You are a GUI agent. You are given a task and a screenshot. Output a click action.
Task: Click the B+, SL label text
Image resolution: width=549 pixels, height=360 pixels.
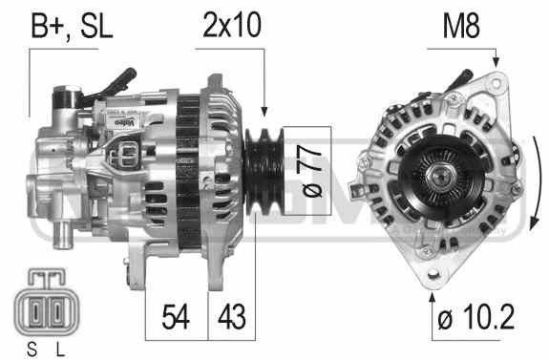coord(72,26)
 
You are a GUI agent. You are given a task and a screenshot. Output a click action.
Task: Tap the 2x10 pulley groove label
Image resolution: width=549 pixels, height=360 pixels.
coord(232,25)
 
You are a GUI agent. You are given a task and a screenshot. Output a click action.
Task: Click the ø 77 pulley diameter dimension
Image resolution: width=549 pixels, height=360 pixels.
coord(308,171)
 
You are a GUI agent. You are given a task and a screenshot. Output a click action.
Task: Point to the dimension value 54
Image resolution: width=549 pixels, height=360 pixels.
coord(176,317)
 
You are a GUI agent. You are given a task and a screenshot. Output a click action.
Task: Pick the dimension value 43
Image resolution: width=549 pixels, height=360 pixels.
coord(231,317)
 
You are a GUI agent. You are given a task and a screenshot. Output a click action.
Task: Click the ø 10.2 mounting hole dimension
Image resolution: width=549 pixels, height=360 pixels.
coord(475,317)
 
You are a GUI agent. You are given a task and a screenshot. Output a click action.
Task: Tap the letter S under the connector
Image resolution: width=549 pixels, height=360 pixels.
coord(32,349)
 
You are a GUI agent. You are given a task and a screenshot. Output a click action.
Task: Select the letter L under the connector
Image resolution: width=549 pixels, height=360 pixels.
coord(60,349)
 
